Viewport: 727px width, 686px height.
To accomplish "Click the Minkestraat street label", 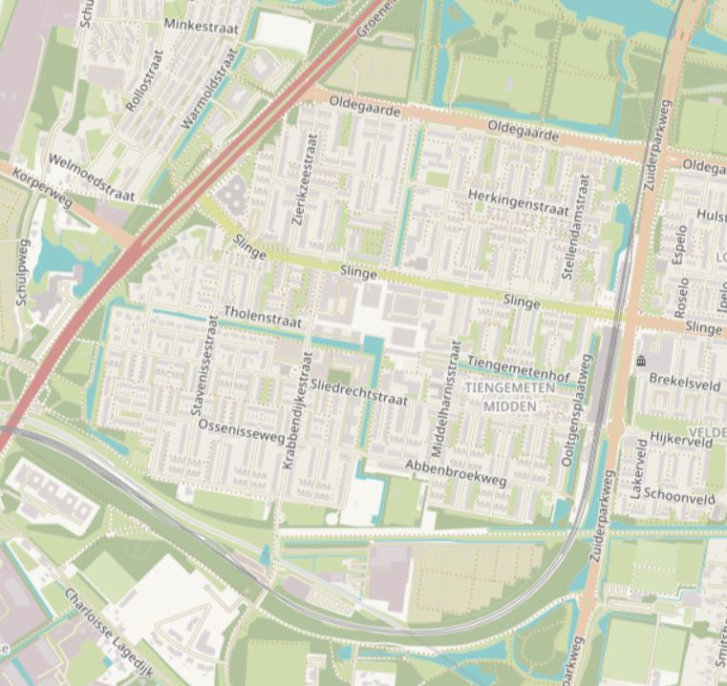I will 202,27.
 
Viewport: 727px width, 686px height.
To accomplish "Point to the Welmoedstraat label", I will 91,178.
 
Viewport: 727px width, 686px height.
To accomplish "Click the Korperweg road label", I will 42,191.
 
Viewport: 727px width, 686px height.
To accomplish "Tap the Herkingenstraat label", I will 519,200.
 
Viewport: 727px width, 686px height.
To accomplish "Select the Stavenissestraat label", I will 205,367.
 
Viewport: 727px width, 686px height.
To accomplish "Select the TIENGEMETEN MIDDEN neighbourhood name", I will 511,398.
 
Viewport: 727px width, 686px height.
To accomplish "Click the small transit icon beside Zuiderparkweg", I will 641,361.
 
